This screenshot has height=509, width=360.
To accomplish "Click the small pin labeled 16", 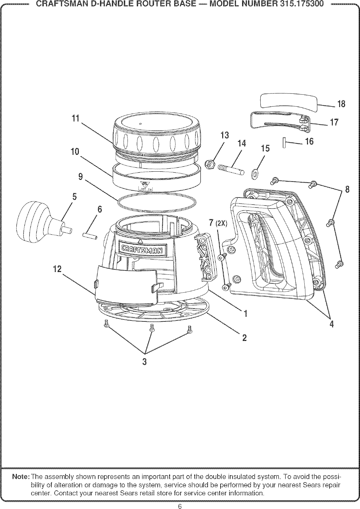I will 284,143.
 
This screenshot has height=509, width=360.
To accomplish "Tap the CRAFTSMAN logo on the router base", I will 141,249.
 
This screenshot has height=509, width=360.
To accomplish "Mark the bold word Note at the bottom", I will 22,477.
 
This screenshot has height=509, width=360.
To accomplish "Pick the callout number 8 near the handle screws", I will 347,190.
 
